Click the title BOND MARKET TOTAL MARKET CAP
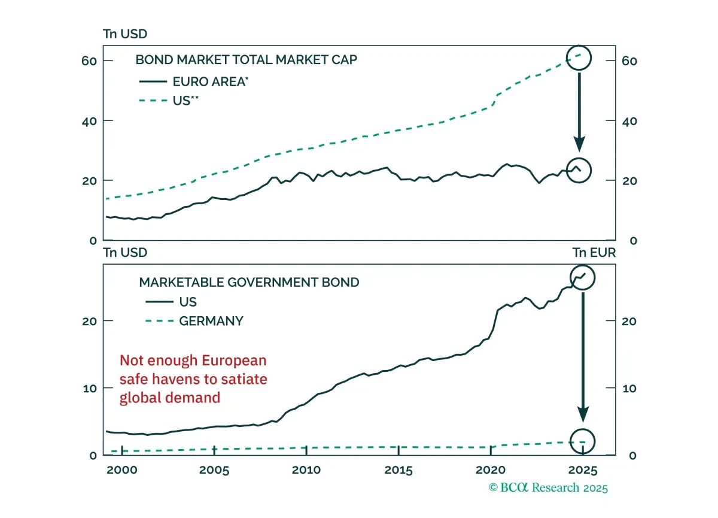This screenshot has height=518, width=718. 246,60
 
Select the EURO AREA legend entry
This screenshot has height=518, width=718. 194,82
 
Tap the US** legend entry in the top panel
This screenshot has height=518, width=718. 169,101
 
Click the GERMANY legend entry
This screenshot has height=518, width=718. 194,321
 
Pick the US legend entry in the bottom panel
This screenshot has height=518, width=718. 171,302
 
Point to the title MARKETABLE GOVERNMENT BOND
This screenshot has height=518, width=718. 249,283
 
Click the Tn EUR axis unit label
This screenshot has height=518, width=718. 594,253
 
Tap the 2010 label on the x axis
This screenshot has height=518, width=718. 306,470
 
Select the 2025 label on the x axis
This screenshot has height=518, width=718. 583,470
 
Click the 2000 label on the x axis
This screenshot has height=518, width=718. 122,470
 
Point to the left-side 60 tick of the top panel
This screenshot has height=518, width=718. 89,61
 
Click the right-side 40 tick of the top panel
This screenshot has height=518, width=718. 629,122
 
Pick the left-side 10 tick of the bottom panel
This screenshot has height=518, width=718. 90,389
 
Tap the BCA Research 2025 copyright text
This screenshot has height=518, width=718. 548,488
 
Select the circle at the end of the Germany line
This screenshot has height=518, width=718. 583,429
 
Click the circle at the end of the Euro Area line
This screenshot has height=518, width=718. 579,159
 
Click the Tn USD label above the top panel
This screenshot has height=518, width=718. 125,34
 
